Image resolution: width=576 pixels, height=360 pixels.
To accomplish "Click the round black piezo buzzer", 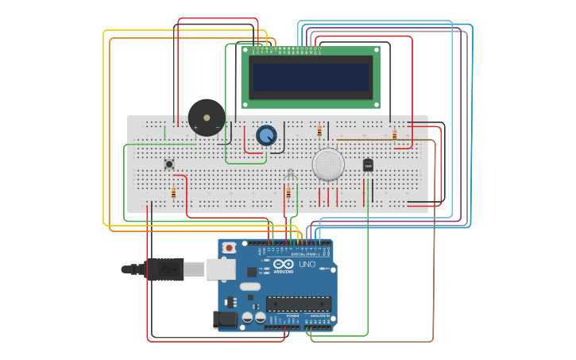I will point(207,118).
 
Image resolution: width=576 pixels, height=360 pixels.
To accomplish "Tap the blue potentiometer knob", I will point(266,135).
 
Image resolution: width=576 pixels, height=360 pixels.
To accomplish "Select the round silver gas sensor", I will point(328,164).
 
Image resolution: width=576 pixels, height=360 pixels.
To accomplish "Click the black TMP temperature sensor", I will point(368,165).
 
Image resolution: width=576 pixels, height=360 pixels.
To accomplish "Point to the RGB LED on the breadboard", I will point(290,174).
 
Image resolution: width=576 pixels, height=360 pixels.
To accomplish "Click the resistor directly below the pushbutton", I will point(173,192).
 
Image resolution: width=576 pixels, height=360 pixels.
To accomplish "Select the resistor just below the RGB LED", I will point(288,192).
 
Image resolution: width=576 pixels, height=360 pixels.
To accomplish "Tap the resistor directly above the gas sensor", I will point(319,131).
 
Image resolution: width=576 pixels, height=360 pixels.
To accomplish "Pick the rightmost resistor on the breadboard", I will point(394,135).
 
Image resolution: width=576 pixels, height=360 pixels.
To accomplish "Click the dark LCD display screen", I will point(311,77).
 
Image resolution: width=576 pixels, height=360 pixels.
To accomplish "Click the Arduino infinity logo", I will point(284,264).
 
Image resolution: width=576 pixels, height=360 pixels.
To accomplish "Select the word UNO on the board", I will point(307,264).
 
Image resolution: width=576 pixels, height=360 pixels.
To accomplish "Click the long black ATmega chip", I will point(299,304).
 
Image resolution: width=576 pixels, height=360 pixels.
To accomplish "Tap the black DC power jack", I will point(226,319).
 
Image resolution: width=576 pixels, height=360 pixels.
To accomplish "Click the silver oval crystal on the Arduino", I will point(249,286).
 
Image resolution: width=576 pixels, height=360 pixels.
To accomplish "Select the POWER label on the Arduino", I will point(292,315).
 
